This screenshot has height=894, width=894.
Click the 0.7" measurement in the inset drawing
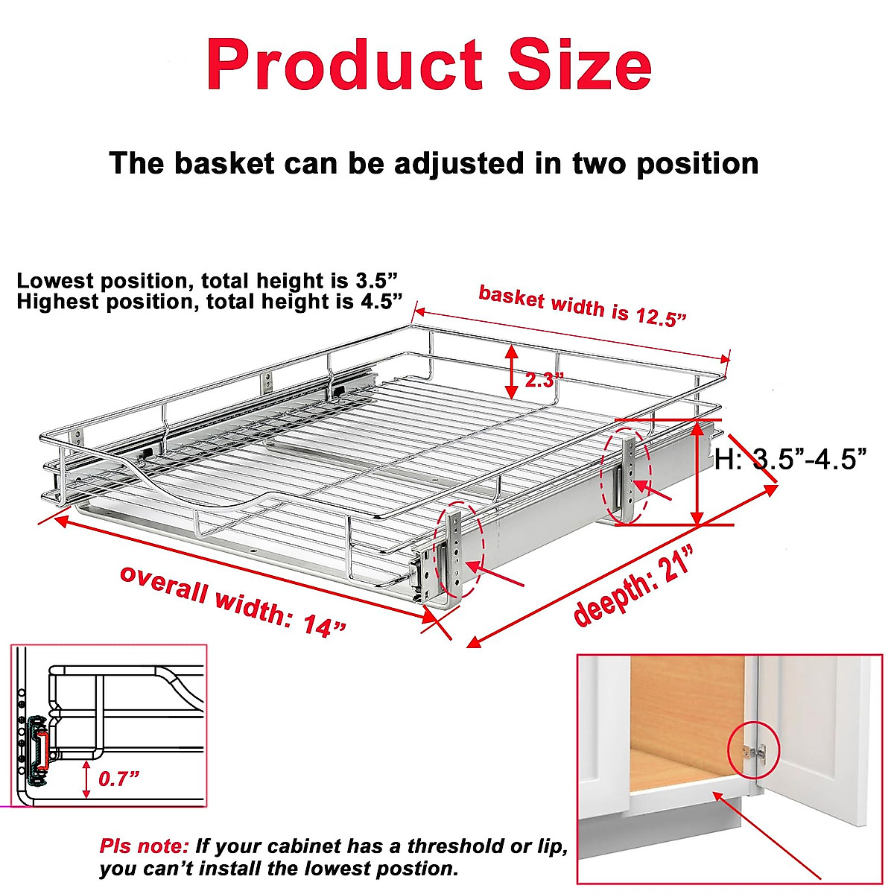[119, 779]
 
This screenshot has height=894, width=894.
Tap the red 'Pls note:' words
[145, 846]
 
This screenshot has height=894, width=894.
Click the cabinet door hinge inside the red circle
[753, 750]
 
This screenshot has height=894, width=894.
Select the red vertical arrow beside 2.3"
[512, 371]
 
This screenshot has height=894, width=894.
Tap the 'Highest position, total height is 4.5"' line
[209, 302]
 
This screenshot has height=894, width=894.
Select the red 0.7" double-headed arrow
[87, 779]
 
